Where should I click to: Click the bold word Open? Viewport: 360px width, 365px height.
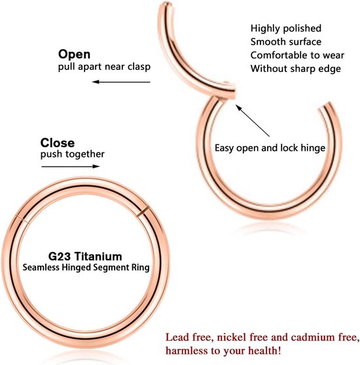(74, 55)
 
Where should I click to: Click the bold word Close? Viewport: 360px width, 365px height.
(58, 143)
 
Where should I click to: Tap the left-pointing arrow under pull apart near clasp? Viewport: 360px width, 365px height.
(121, 82)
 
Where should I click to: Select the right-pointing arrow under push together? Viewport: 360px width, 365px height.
(71, 166)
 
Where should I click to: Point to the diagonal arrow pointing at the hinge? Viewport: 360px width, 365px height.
(253, 120)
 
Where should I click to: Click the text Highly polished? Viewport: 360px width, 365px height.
(286, 29)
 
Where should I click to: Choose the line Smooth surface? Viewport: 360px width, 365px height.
(286, 42)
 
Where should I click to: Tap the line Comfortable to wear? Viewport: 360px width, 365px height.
(297, 56)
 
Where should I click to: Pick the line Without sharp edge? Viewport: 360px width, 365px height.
(295, 69)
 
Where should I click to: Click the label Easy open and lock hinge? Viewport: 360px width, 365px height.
(270, 148)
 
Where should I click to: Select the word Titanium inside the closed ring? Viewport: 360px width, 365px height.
(98, 256)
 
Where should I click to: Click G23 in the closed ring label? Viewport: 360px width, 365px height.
(59, 256)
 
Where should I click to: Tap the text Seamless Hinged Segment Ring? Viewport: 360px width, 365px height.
(86, 268)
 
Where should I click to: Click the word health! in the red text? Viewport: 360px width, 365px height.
(264, 351)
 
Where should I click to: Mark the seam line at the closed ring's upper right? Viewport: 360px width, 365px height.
(143, 211)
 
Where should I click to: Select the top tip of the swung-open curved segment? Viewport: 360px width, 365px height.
(166, 4)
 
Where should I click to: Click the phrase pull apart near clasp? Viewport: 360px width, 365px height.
(104, 67)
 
